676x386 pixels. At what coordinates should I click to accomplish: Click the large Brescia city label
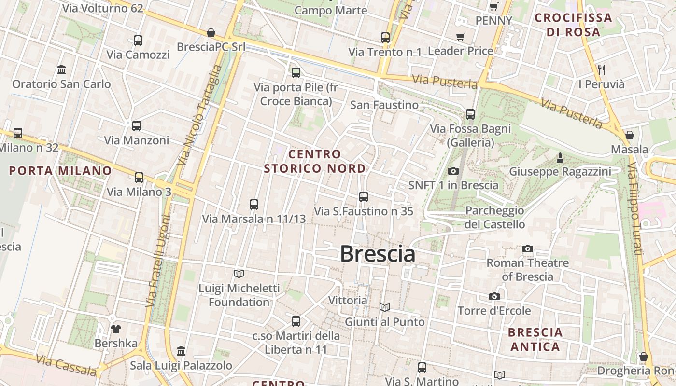(378, 254)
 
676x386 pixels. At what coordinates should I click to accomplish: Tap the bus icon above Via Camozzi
(138, 41)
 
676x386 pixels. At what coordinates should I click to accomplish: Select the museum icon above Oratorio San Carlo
(61, 69)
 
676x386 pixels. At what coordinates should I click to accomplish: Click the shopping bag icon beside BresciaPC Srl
(211, 33)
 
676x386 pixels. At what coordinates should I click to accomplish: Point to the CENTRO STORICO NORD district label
(315, 161)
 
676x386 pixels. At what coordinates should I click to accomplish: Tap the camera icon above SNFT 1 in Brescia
(453, 171)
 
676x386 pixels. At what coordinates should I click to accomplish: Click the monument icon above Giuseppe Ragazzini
(560, 157)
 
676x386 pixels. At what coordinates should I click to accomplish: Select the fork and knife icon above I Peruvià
(602, 69)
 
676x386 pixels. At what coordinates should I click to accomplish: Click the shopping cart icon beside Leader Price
(461, 37)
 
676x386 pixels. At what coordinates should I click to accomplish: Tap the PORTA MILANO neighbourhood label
(60, 170)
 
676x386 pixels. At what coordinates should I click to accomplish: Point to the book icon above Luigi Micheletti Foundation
(239, 274)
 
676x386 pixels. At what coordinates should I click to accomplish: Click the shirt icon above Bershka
(116, 329)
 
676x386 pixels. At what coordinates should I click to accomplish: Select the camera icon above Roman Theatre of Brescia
(528, 248)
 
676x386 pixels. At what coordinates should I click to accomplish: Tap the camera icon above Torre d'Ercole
(494, 296)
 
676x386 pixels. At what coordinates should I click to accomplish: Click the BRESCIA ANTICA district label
(535, 339)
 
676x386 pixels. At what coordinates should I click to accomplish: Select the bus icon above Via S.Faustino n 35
(364, 197)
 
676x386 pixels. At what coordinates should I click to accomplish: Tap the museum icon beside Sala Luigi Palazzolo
(181, 351)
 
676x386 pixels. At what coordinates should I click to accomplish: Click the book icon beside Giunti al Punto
(384, 307)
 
